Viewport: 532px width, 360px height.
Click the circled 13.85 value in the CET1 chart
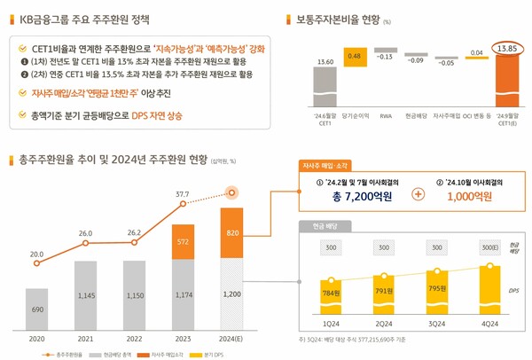[507, 48]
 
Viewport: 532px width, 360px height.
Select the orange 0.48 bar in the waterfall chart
[354, 57]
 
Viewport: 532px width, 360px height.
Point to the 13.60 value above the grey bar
[325, 61]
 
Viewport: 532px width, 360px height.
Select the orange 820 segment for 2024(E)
[232, 232]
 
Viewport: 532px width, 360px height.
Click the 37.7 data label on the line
[182, 192]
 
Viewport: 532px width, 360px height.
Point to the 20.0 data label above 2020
[36, 254]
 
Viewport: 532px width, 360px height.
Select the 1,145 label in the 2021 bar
[86, 294]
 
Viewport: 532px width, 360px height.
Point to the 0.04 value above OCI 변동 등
[476, 52]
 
